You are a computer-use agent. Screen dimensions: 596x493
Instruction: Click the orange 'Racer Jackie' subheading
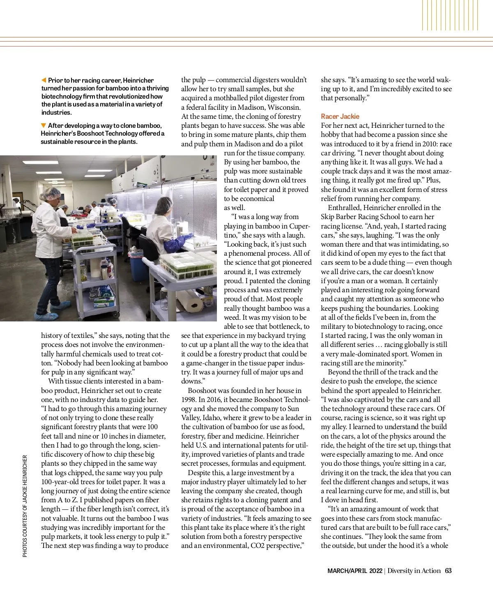340,116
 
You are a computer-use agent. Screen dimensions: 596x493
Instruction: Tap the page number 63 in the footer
448,571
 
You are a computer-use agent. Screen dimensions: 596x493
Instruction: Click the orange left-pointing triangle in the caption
44,80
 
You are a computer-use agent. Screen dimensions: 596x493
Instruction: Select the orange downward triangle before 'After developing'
44,125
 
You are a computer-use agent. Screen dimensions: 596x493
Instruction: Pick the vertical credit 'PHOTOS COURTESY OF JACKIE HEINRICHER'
25,506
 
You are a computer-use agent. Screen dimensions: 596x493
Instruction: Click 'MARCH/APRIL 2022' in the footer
355,571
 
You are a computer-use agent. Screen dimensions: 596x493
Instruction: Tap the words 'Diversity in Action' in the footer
414,571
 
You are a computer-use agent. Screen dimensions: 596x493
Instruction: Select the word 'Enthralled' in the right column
344,208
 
